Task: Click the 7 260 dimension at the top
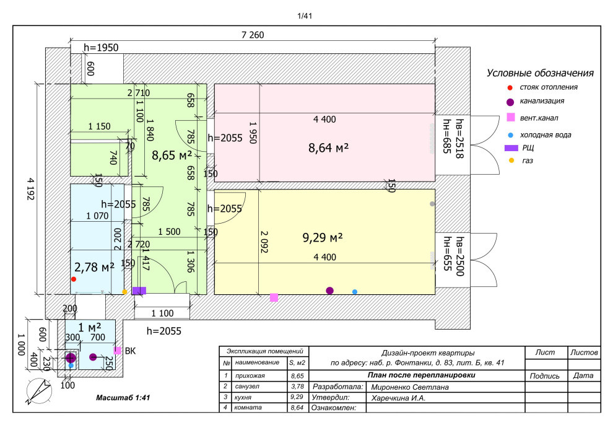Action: [x=253, y=35]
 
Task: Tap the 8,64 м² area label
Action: [x=328, y=148]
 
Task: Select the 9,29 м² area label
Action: [x=323, y=237]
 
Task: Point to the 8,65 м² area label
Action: [x=172, y=156]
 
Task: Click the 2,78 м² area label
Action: [x=94, y=268]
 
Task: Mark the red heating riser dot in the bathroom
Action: [x=74, y=279]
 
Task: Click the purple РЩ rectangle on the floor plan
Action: [x=139, y=291]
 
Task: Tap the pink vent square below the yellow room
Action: [x=274, y=297]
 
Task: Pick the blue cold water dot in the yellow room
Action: [x=355, y=292]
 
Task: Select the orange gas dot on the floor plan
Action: [x=124, y=292]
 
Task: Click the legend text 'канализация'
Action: [x=542, y=101]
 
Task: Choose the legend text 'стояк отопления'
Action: [x=549, y=87]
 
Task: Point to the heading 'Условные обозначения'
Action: [x=540, y=73]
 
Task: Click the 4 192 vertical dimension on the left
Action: [x=30, y=189]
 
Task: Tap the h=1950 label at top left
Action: [x=101, y=48]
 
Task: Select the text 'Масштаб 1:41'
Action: [x=123, y=398]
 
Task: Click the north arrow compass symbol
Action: [x=39, y=391]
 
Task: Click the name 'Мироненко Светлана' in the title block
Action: [x=410, y=387]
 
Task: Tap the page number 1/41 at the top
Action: [x=305, y=16]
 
